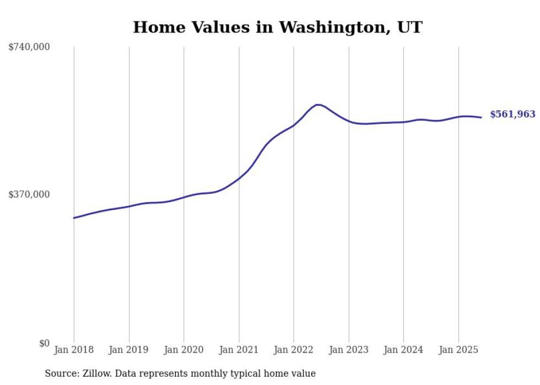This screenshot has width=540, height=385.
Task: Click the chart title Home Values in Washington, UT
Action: coord(278,27)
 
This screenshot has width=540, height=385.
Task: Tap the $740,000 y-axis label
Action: coord(29,47)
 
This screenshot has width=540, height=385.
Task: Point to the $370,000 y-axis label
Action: coord(29,194)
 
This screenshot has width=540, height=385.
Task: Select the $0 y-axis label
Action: coord(44,343)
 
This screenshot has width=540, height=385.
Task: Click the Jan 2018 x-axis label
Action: coord(74,350)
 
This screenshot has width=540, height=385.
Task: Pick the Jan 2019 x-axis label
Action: coord(129,350)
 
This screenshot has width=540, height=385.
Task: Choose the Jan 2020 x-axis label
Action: coord(184,350)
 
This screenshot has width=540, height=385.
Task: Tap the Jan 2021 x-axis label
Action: coord(239,350)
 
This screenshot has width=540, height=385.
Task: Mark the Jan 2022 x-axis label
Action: coord(294,350)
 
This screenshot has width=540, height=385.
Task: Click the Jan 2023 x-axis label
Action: coord(348,350)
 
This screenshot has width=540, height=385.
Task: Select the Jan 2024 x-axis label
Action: coord(403,350)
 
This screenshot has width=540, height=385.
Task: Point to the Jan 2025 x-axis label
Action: coord(458,350)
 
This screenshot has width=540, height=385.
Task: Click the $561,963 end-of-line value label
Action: coord(512,115)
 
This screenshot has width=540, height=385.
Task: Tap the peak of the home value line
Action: coord(318,104)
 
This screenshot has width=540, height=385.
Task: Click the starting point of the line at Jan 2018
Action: coord(74,218)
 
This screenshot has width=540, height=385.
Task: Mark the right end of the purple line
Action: coord(481,117)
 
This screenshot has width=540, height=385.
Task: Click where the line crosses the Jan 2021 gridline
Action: coord(239,178)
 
